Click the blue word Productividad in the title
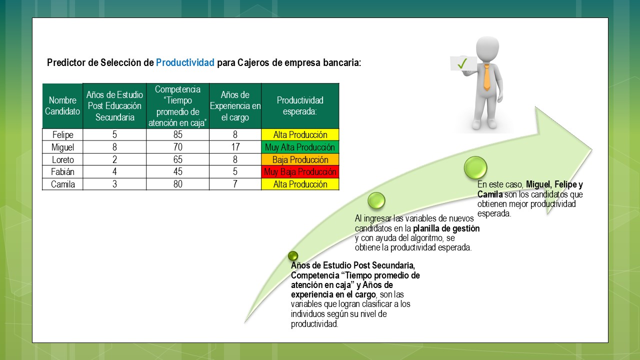[x=185, y=62]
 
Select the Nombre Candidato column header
[x=62, y=106]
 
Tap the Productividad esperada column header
[x=300, y=106]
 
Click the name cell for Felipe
[x=62, y=134]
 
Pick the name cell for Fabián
[x=62, y=171]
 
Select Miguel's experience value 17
[x=235, y=147]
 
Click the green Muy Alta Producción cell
[x=300, y=147]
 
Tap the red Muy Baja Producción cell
[x=300, y=171]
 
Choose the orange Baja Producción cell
[x=300, y=159]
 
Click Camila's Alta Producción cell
[x=300, y=184]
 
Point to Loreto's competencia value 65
[x=177, y=159]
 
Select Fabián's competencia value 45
[x=177, y=171]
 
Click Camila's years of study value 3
[x=114, y=184]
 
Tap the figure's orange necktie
[x=487, y=77]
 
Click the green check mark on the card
[x=462, y=63]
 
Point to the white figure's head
[x=487, y=48]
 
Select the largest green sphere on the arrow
[x=475, y=167]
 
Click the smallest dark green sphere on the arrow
[x=293, y=256]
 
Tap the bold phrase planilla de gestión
[x=446, y=228]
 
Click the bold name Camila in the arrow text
[x=490, y=194]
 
